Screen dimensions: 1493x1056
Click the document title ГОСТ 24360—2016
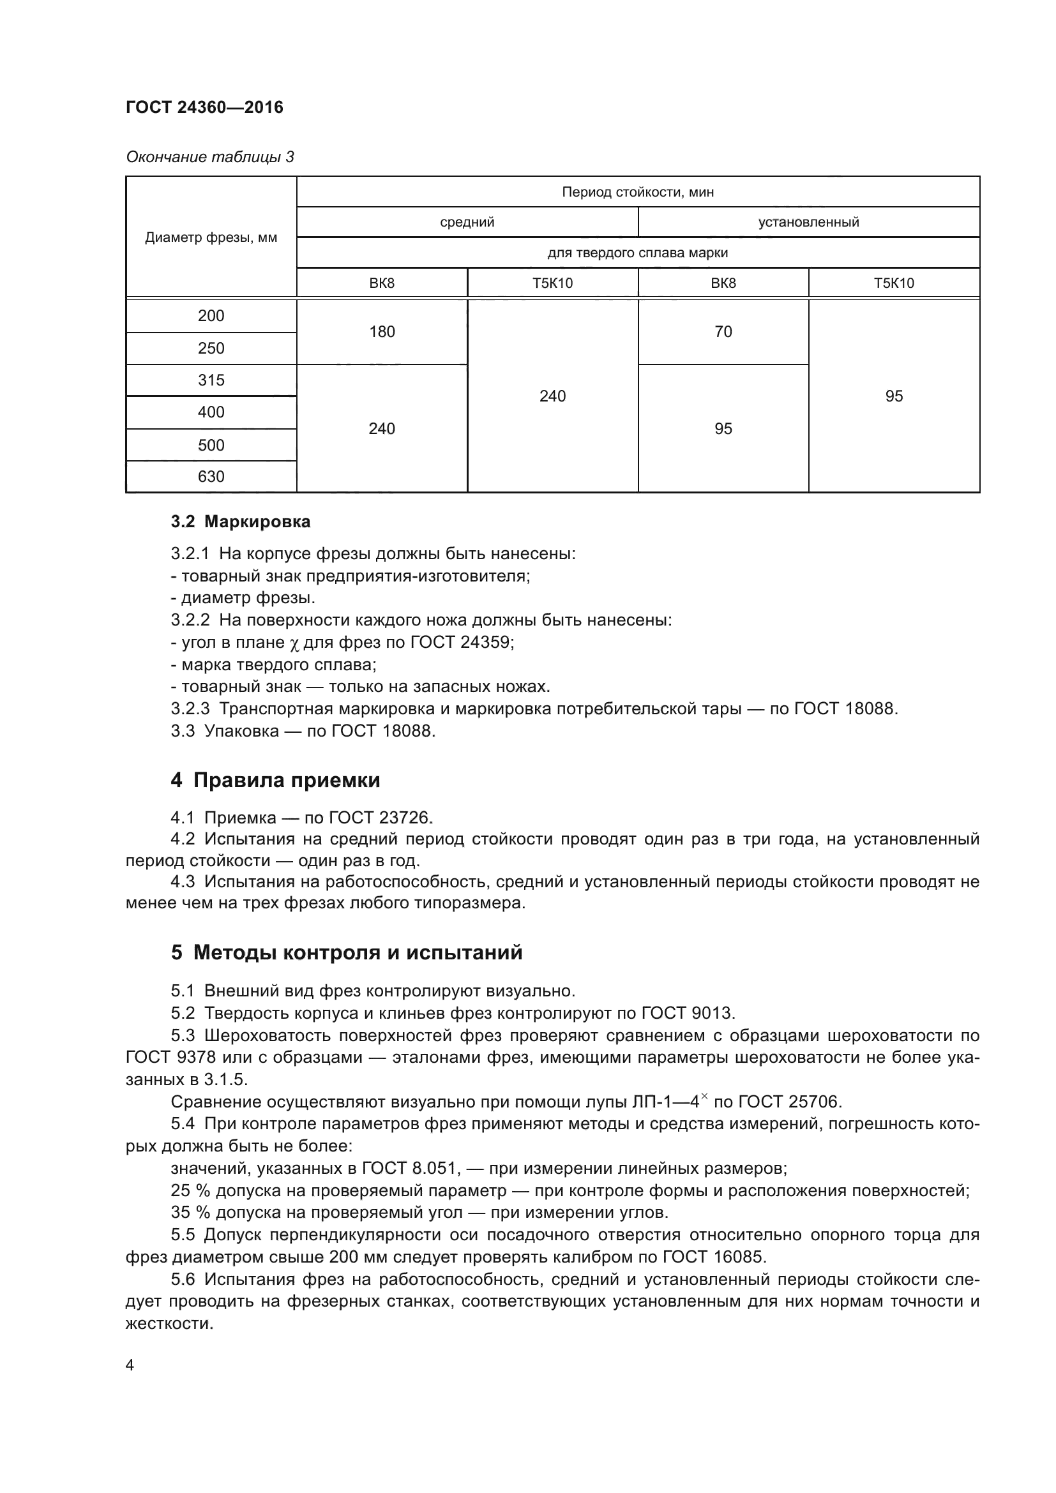point(204,107)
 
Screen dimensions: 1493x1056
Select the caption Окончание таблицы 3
point(209,157)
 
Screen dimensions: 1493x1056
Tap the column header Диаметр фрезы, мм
point(211,237)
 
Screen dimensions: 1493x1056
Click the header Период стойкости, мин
point(637,192)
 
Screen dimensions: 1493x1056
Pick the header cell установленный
point(808,222)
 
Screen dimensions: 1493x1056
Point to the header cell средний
point(467,222)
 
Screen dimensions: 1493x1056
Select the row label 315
point(211,380)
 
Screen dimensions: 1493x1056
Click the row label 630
point(211,477)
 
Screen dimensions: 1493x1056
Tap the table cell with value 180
point(382,332)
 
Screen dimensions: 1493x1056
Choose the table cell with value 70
point(723,332)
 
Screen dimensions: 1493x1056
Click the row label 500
point(211,446)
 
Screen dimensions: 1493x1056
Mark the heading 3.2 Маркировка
point(241,521)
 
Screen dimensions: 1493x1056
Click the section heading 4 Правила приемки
point(275,780)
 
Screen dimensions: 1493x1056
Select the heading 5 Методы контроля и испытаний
point(347,952)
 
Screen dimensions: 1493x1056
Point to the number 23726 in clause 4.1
point(403,818)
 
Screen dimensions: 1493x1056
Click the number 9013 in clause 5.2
point(710,1013)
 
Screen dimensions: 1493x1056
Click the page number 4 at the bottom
point(130,1365)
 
